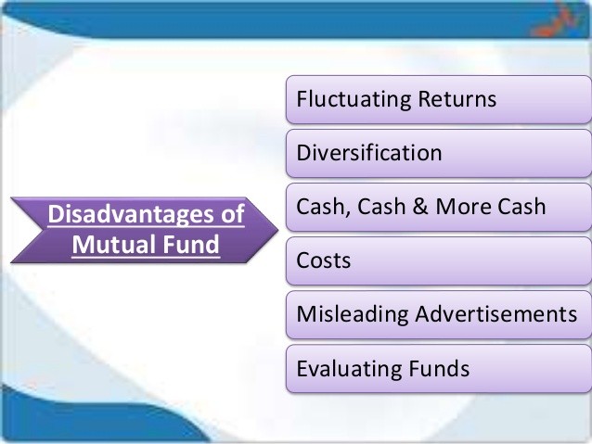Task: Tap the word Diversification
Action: pyautogui.click(x=369, y=153)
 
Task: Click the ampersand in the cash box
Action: pyautogui.click(x=420, y=207)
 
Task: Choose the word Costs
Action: pyautogui.click(x=324, y=260)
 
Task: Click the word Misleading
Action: pyautogui.click(x=353, y=314)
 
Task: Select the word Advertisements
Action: pyautogui.click(x=496, y=314)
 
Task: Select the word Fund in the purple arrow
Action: pyautogui.click(x=187, y=245)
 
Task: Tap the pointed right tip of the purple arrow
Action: pyautogui.click(x=277, y=229)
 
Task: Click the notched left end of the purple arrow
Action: pyautogui.click(x=43, y=229)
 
